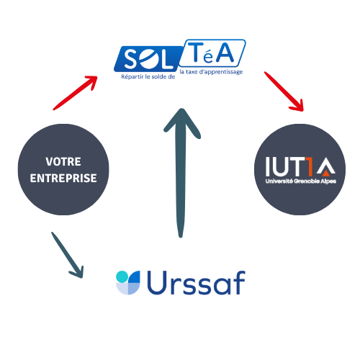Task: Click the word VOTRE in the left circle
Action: click(x=63, y=161)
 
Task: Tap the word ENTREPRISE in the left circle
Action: click(x=63, y=178)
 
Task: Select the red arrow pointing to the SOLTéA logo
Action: click(x=75, y=93)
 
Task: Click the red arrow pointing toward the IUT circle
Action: click(x=284, y=91)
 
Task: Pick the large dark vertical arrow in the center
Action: click(x=181, y=173)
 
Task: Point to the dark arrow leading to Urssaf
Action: click(x=68, y=255)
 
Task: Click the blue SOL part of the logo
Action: click(x=148, y=59)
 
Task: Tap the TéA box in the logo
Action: click(x=212, y=53)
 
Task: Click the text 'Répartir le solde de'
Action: click(x=148, y=76)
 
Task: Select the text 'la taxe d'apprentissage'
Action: click(x=211, y=72)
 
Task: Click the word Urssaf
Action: click(x=196, y=282)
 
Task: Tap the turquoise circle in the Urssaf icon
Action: click(x=122, y=276)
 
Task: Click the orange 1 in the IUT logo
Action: click(x=310, y=166)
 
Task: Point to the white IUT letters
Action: click(x=285, y=166)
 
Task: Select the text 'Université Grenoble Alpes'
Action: click(x=301, y=181)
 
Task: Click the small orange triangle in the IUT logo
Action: click(x=325, y=173)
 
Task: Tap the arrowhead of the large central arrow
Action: click(x=182, y=123)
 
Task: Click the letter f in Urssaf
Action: click(x=239, y=282)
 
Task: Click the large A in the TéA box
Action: click(x=225, y=53)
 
